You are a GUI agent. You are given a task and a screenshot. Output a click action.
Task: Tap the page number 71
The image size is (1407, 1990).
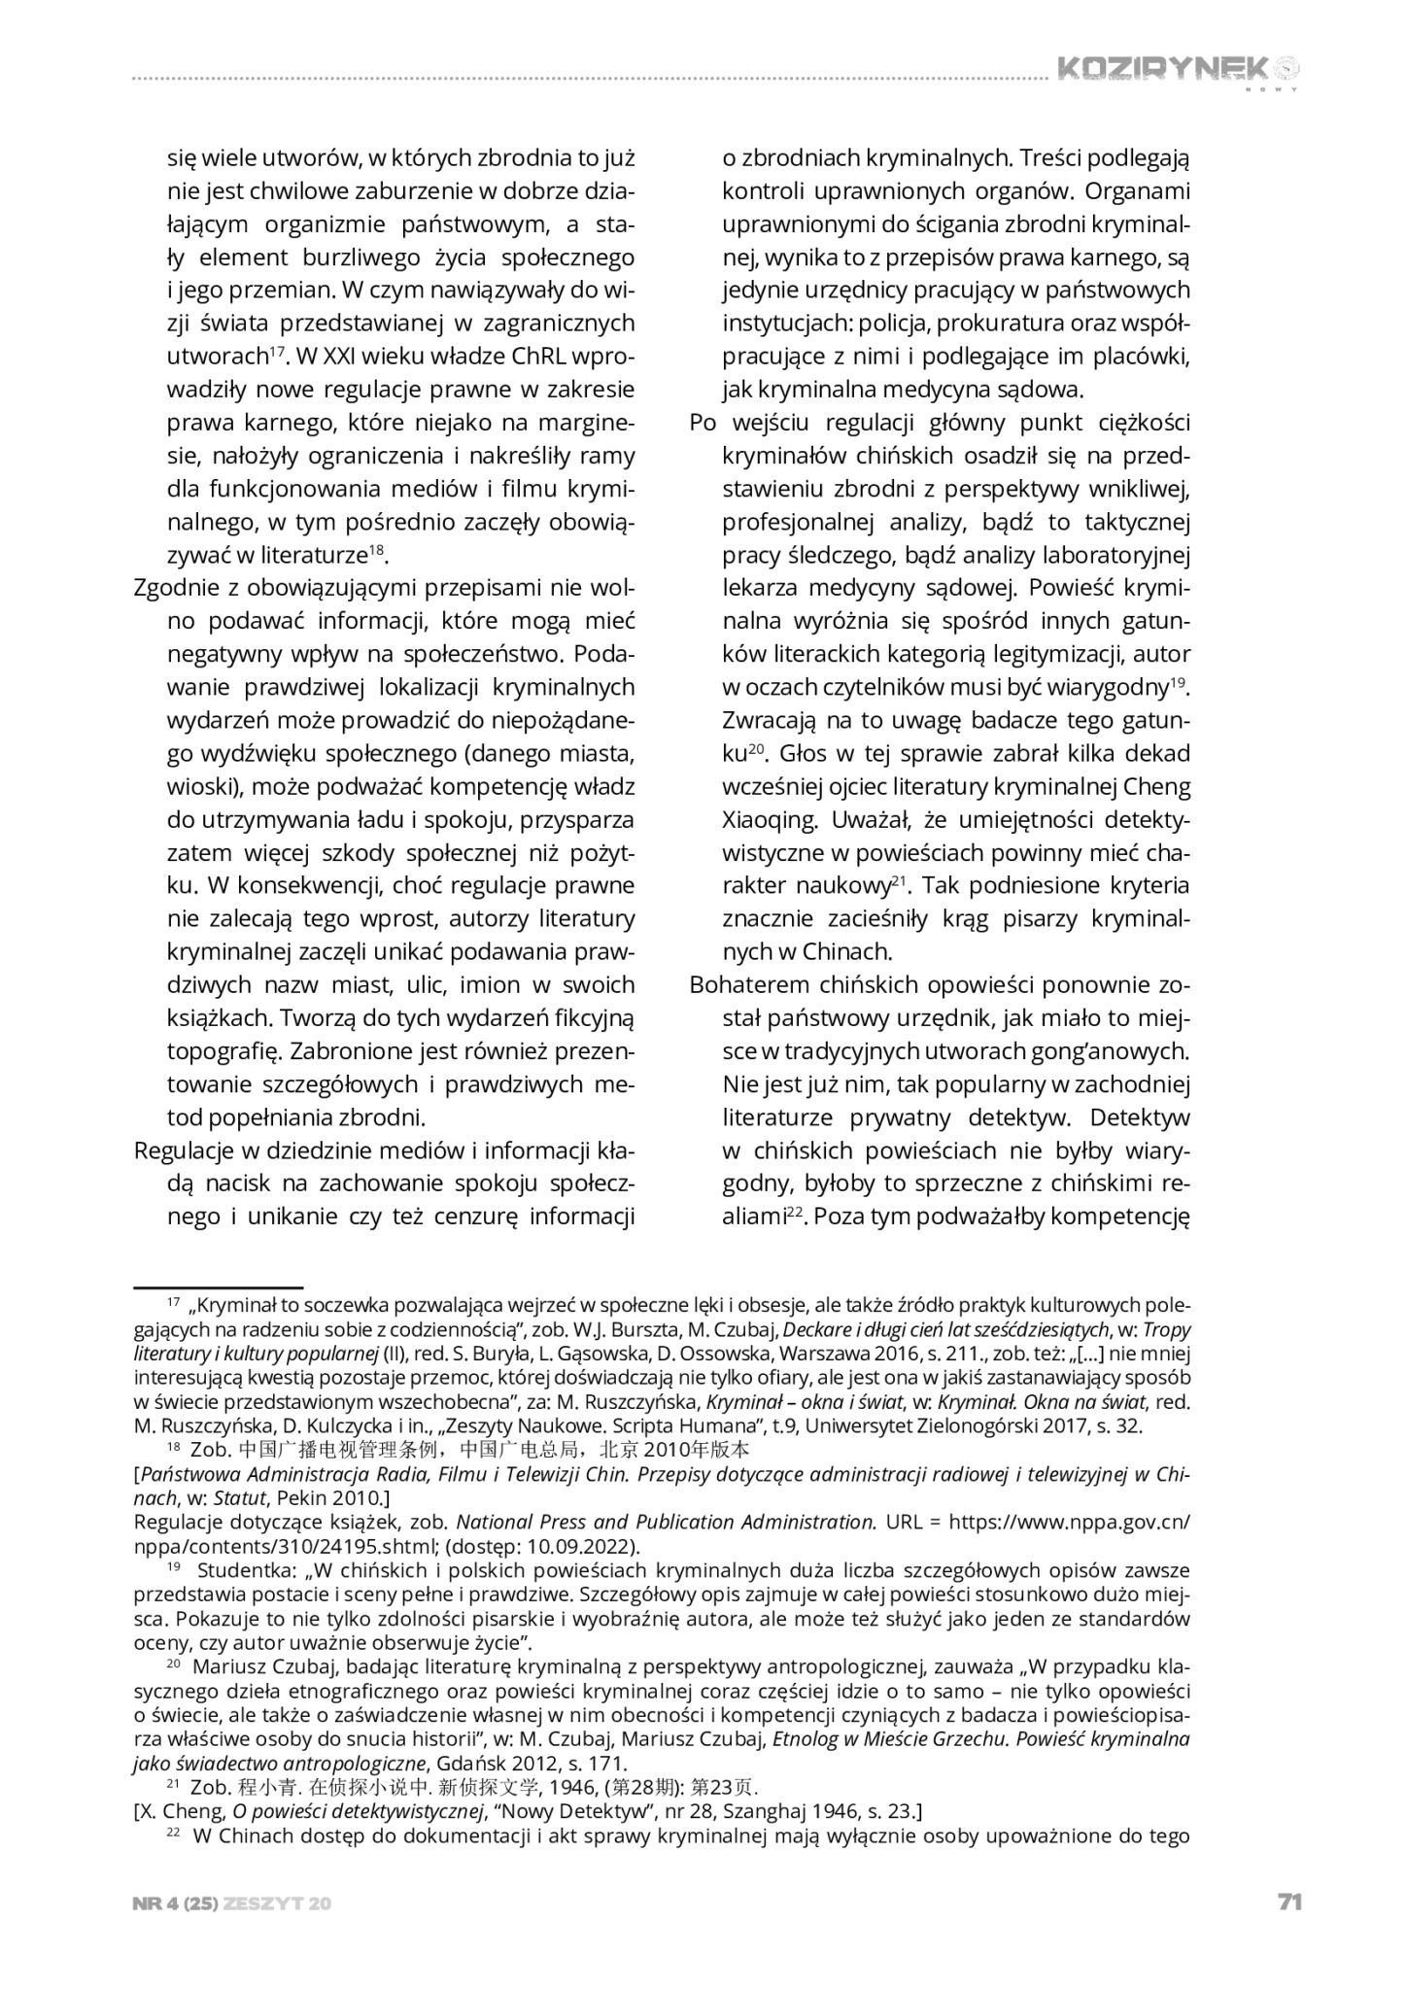(x=1288, y=1903)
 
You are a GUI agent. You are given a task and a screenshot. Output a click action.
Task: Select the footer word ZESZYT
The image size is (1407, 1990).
(x=263, y=1904)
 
